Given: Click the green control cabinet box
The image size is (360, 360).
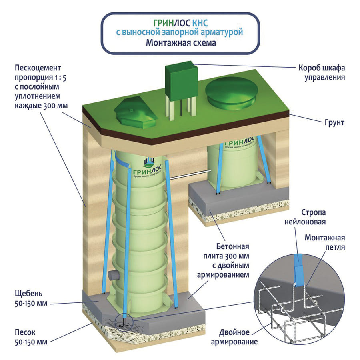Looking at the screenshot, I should pos(182,80).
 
